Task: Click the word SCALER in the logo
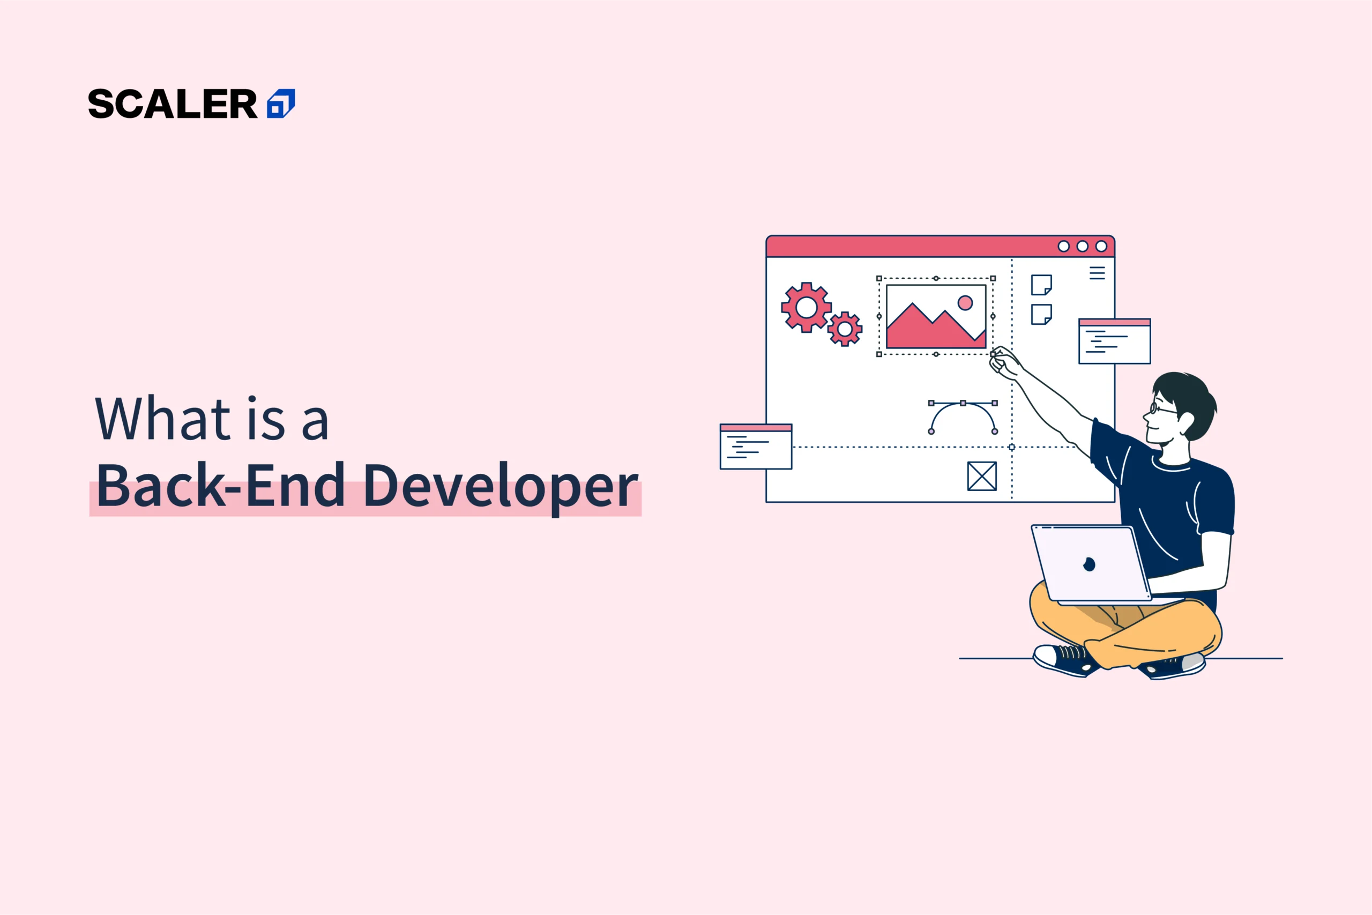173,104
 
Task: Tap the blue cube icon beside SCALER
281,104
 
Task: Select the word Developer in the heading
501,487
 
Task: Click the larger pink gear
806,308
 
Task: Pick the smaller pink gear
845,329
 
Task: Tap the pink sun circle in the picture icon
965,302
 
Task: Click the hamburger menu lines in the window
1097,273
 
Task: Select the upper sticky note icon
1041,285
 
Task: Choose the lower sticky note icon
1041,315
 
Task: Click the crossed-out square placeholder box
982,476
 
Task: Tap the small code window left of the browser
756,447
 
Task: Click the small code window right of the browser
1115,341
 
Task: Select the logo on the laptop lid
1089,564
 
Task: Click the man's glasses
1162,408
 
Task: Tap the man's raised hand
1004,363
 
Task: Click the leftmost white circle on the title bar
1063,246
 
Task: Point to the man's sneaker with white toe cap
1064,660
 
